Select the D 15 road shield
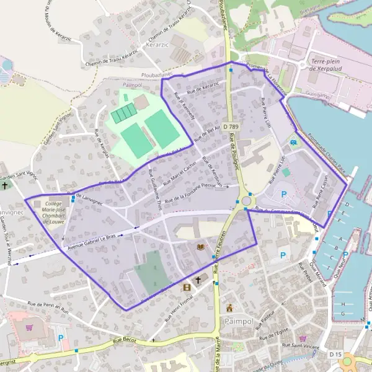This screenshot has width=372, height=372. pos(335,353)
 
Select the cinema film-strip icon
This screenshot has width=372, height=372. pos(187,287)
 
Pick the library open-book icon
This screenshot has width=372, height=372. pos(200,247)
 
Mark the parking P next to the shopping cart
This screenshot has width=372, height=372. pos(61,338)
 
